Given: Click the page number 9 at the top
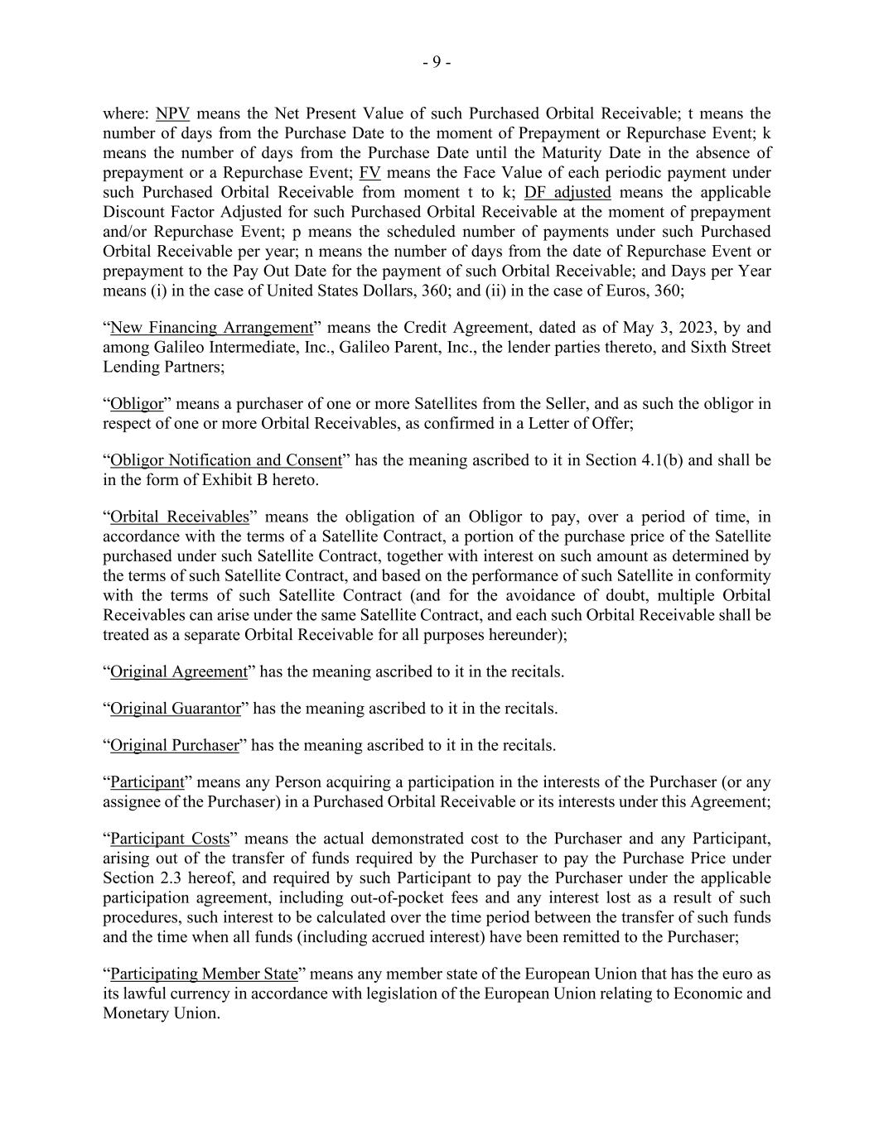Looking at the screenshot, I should (x=437, y=62).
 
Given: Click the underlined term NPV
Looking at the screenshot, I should (x=172, y=113).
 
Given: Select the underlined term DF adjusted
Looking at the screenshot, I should (x=567, y=193).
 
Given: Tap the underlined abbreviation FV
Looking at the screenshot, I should (x=369, y=173).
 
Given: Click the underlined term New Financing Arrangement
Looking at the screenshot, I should (x=212, y=328).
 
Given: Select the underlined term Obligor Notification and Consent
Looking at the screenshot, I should (x=226, y=460).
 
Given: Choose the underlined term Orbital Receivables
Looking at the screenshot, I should (x=179, y=517).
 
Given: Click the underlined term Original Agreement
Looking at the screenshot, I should (x=179, y=671).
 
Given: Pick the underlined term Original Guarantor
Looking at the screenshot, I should (x=176, y=709).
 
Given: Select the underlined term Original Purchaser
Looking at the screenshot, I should (x=174, y=745).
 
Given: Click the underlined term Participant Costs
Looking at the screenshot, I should (x=170, y=839).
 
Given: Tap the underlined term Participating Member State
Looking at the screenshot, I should (x=204, y=974).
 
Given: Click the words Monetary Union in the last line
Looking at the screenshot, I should (x=162, y=1014).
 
